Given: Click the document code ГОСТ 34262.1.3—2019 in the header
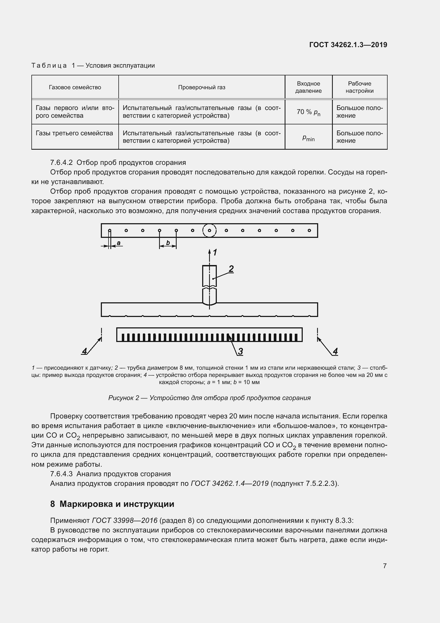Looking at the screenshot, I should [x=348, y=45].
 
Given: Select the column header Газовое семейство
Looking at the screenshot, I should [x=75, y=87].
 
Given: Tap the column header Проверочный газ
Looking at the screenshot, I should [x=202, y=87].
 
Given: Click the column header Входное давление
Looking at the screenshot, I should [x=308, y=87].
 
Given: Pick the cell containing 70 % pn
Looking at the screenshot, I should [x=308, y=112].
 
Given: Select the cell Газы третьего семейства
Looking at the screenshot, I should [x=74, y=133].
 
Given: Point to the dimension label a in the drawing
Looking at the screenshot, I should [x=119, y=243].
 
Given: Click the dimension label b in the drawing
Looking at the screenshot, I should [x=168, y=243].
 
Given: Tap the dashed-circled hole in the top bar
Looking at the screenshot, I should [x=209, y=230].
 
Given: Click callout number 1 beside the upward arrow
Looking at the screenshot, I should [x=215, y=253].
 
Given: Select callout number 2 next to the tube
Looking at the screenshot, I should [x=231, y=269].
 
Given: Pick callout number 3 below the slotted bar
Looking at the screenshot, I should [x=240, y=351].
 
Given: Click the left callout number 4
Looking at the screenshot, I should [x=85, y=351].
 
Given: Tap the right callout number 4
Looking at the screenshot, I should [x=335, y=351].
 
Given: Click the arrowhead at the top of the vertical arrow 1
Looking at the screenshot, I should [x=209, y=251].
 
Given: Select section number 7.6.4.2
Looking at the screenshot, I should [x=61, y=162].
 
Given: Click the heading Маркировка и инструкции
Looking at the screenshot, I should [x=117, y=504].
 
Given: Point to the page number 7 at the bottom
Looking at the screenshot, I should [x=385, y=566].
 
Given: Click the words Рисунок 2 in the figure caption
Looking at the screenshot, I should [x=123, y=398].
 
